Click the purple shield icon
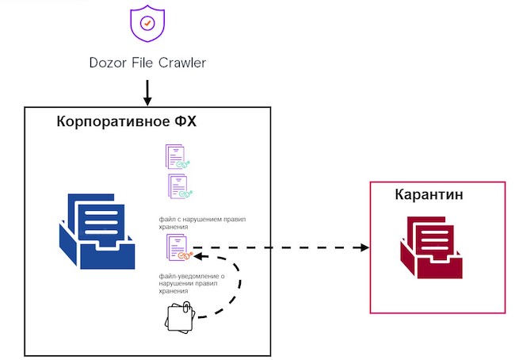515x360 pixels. [x=147, y=25]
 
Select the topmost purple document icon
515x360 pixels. [x=175, y=155]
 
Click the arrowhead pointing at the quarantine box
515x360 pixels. [x=364, y=247]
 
